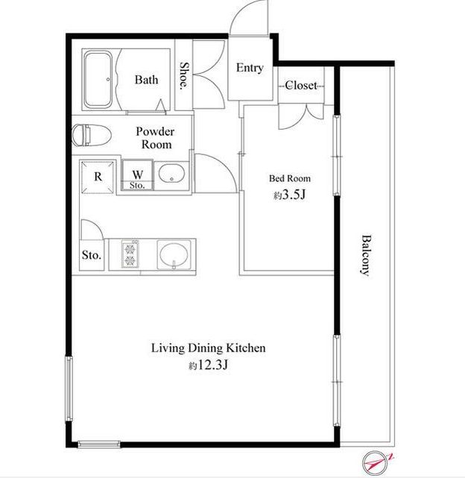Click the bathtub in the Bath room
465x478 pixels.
click(x=98, y=80)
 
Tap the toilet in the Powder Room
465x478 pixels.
click(x=92, y=134)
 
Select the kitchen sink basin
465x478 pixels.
click(x=174, y=256)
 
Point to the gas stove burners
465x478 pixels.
click(x=130, y=254)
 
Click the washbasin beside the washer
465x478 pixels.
click(x=171, y=175)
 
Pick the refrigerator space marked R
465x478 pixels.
click(x=98, y=177)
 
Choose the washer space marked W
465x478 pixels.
click(x=137, y=174)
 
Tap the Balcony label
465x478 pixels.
click(x=366, y=255)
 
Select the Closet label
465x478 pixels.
click(x=301, y=85)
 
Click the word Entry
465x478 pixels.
click(x=250, y=68)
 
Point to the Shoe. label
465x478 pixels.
click(x=183, y=75)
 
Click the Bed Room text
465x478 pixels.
click(x=289, y=178)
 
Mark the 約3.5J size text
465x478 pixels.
click(x=289, y=195)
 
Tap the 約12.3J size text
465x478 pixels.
click(x=208, y=365)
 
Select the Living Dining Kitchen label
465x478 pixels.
click(x=209, y=348)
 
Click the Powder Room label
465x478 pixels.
click(x=156, y=138)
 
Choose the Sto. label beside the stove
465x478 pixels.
click(x=92, y=255)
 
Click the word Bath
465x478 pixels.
click(x=146, y=80)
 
